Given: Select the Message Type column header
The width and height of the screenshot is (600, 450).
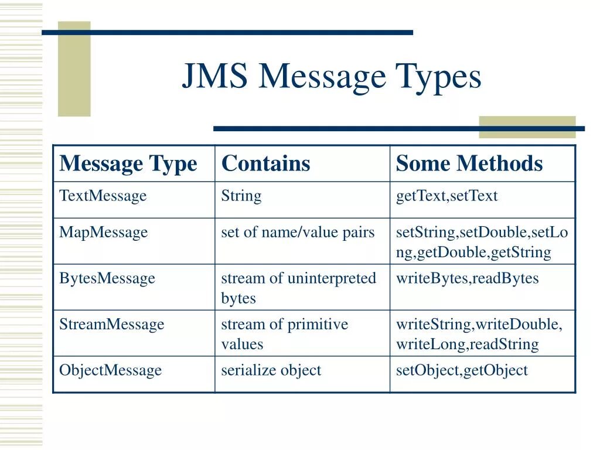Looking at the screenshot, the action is [128, 163].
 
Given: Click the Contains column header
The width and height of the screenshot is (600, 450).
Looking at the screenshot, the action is [265, 163].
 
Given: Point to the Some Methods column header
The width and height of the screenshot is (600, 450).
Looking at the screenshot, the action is [469, 163].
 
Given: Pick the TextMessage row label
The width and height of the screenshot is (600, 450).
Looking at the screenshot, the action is [103, 196].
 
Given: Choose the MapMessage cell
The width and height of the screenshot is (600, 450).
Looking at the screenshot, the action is [103, 233].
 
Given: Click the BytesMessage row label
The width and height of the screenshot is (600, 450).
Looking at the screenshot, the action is [107, 278].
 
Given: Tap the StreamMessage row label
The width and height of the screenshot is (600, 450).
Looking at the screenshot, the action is [111, 325].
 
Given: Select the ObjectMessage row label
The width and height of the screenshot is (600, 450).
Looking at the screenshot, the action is [110, 370].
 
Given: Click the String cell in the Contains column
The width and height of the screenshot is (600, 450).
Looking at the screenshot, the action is [241, 196].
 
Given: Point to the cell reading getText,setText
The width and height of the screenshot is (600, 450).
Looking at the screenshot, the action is [446, 196].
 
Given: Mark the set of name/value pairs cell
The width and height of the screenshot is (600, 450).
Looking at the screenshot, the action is [298, 233].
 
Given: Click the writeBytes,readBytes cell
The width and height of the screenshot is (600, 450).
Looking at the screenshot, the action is [467, 278].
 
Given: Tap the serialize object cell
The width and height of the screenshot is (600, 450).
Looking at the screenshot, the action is [271, 370].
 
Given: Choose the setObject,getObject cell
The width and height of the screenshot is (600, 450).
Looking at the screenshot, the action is [462, 370].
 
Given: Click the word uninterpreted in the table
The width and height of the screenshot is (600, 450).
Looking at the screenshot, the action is [332, 278].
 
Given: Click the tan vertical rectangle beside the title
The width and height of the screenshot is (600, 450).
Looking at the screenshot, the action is [74, 69].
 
